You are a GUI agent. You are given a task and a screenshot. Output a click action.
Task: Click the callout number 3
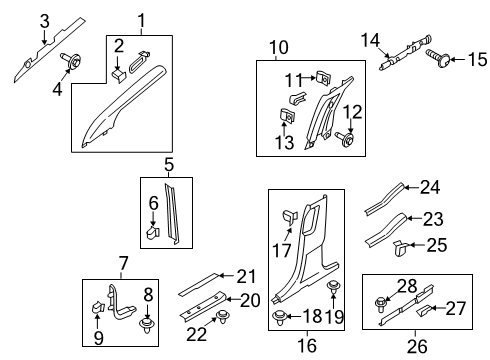tap(44, 20)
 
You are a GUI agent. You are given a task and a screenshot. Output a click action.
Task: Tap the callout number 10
tap(277, 46)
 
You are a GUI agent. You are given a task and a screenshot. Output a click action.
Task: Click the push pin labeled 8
tap(149, 323)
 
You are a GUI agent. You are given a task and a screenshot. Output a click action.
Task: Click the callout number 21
tap(247, 276)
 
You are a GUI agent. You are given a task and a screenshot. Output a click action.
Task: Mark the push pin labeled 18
tap(277, 319)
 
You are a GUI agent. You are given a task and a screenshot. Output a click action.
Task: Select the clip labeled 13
tap(285, 120)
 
